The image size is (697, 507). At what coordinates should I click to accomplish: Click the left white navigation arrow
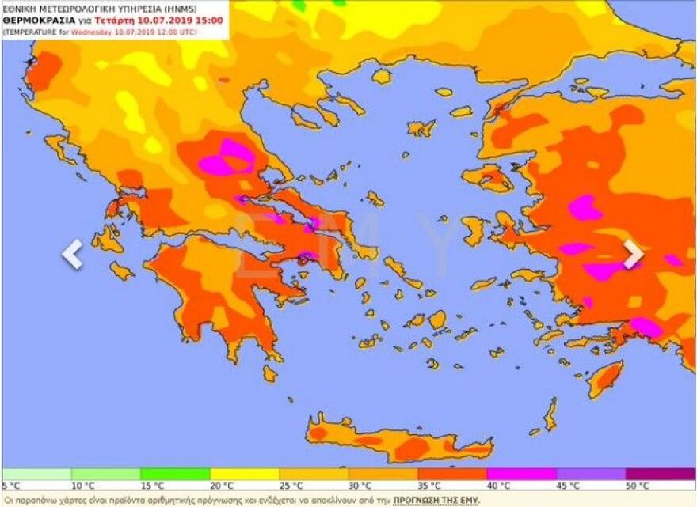(73, 255)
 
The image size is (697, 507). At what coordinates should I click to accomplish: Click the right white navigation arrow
(633, 255)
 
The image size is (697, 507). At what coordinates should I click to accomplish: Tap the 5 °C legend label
(11, 485)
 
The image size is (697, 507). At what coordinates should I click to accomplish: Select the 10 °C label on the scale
(82, 485)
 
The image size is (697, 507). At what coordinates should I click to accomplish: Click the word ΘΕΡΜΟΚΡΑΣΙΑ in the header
(40, 20)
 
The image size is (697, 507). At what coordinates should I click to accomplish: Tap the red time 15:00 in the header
(208, 20)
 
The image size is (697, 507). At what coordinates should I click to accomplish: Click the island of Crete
(396, 439)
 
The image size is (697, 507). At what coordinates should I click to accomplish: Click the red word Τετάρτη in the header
(115, 20)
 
